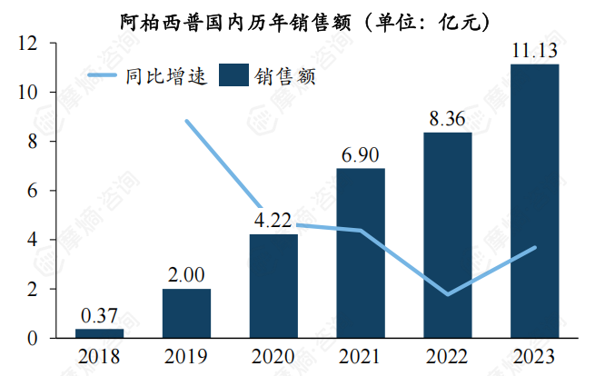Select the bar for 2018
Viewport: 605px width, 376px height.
(99, 333)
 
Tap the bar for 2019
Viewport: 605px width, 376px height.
(186, 313)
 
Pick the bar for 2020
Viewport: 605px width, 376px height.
(273, 286)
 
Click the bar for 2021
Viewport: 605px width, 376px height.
(361, 253)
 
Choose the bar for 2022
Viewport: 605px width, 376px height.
(448, 235)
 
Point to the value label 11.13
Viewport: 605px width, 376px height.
(535, 49)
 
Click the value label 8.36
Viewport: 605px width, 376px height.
(448, 118)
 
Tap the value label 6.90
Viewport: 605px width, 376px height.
(361, 153)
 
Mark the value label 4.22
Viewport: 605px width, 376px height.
(273, 220)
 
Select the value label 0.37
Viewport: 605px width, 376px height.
(99, 315)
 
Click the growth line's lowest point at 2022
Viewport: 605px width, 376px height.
(448, 294)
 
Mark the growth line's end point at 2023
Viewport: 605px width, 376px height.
(535, 247)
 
